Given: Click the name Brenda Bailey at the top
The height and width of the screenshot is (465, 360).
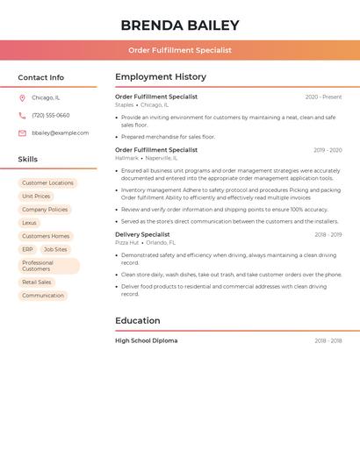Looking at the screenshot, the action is (180, 25).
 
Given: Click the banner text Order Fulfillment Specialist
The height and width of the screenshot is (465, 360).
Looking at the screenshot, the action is (180, 50).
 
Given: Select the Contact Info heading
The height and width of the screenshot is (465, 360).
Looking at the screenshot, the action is (41, 77).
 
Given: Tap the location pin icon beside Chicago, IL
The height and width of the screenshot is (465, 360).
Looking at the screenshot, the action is (22, 98).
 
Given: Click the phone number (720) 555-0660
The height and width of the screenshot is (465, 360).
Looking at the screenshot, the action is (51, 115).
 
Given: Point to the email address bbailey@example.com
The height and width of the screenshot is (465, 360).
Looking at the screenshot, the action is (61, 132).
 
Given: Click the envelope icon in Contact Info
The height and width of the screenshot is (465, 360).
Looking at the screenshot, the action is (22, 133).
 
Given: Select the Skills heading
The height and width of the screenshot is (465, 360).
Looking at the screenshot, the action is (28, 159).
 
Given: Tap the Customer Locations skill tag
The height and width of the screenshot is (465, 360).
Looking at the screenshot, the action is (48, 183).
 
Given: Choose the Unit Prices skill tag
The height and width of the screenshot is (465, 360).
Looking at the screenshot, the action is (36, 197).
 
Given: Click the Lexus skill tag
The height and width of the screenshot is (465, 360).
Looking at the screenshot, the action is (30, 223).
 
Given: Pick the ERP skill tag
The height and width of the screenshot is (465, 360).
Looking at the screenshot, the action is (27, 249).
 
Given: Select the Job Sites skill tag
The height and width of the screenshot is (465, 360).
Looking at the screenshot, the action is (55, 249).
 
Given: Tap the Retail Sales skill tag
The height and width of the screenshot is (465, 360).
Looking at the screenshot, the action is (37, 283).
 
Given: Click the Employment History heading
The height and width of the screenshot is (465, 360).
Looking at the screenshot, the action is (161, 77).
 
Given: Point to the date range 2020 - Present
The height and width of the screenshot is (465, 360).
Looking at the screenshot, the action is (323, 97).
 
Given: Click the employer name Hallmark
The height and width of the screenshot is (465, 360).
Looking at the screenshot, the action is (126, 158).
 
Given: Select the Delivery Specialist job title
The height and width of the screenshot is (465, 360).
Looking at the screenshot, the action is (142, 234).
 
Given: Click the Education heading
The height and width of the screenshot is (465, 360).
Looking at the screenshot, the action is (138, 320).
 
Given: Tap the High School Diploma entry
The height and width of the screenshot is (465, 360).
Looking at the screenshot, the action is (146, 340).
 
